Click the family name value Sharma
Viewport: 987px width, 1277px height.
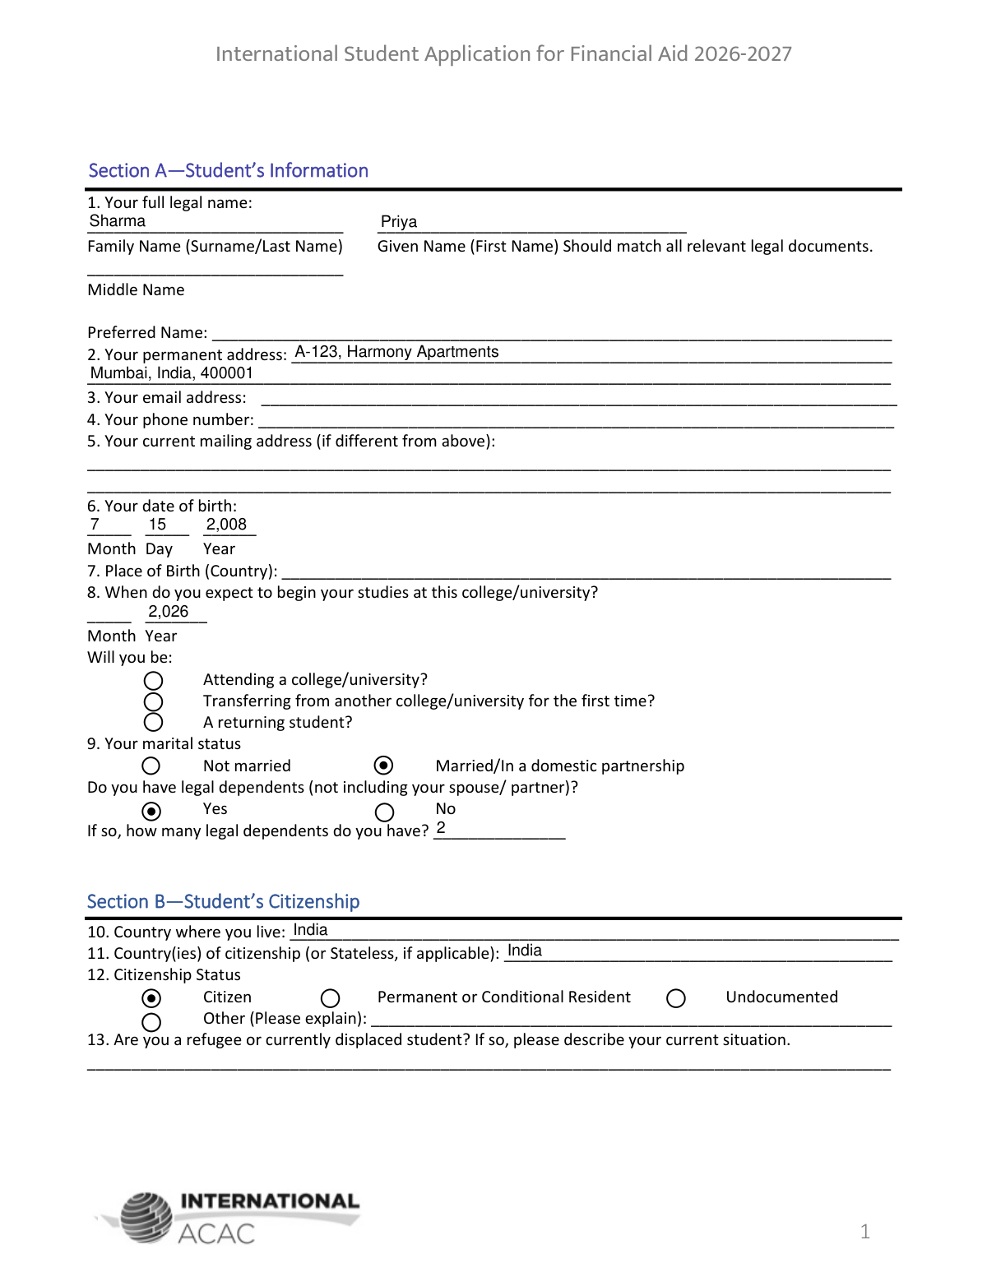click(x=118, y=221)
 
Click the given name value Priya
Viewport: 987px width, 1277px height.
click(x=399, y=222)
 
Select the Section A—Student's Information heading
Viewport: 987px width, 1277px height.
click(x=228, y=170)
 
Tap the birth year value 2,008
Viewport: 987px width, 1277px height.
click(x=226, y=525)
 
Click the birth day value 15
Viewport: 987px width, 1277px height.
click(x=157, y=525)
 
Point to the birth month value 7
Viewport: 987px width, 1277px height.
click(x=95, y=525)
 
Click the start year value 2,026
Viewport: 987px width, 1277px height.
click(x=168, y=612)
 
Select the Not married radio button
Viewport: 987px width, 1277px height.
click(x=151, y=766)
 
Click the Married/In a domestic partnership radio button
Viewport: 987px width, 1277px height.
click(x=383, y=766)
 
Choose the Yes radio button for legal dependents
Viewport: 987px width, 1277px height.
click(x=151, y=811)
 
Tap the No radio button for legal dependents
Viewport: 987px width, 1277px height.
click(x=384, y=812)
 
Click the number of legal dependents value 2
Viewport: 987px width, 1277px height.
click(x=441, y=828)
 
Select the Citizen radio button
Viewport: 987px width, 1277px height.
click(x=151, y=998)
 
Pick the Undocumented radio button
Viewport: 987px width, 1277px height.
click(x=676, y=998)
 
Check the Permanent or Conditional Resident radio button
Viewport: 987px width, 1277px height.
click(x=331, y=998)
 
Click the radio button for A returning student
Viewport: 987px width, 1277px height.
click(x=153, y=722)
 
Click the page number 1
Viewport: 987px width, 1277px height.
click(x=864, y=1231)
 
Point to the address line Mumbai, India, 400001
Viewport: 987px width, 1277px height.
click(x=172, y=373)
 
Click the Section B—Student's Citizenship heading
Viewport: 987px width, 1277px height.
click(x=223, y=901)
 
